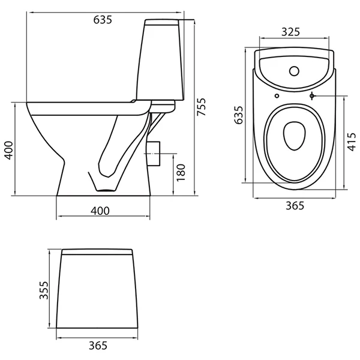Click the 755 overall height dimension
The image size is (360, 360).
click(202, 107)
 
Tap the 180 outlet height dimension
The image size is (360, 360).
click(181, 172)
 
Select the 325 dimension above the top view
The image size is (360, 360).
click(290, 32)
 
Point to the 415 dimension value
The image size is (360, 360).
click(352, 142)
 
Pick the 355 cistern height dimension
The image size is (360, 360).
click(44, 290)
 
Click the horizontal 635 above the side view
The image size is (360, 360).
click(103, 20)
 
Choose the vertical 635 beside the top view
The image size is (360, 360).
click(239, 115)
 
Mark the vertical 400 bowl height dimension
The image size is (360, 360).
click(9, 151)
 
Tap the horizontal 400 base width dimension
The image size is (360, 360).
click(100, 211)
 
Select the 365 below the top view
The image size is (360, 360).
click(295, 205)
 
